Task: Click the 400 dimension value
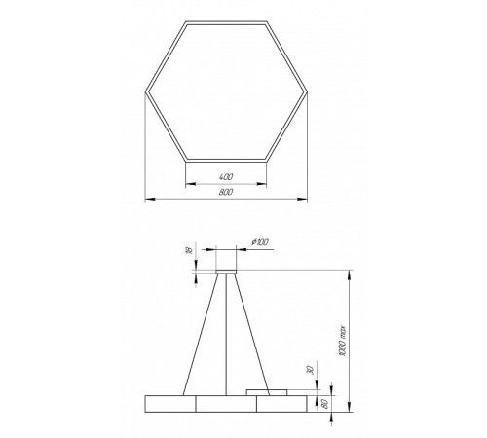point(225,175)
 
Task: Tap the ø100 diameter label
point(260,240)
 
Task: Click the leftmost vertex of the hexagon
point(145,89)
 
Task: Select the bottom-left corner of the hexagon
point(185,158)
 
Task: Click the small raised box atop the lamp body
point(260,391)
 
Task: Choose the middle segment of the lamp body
point(226,403)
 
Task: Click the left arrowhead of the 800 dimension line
point(147,199)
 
